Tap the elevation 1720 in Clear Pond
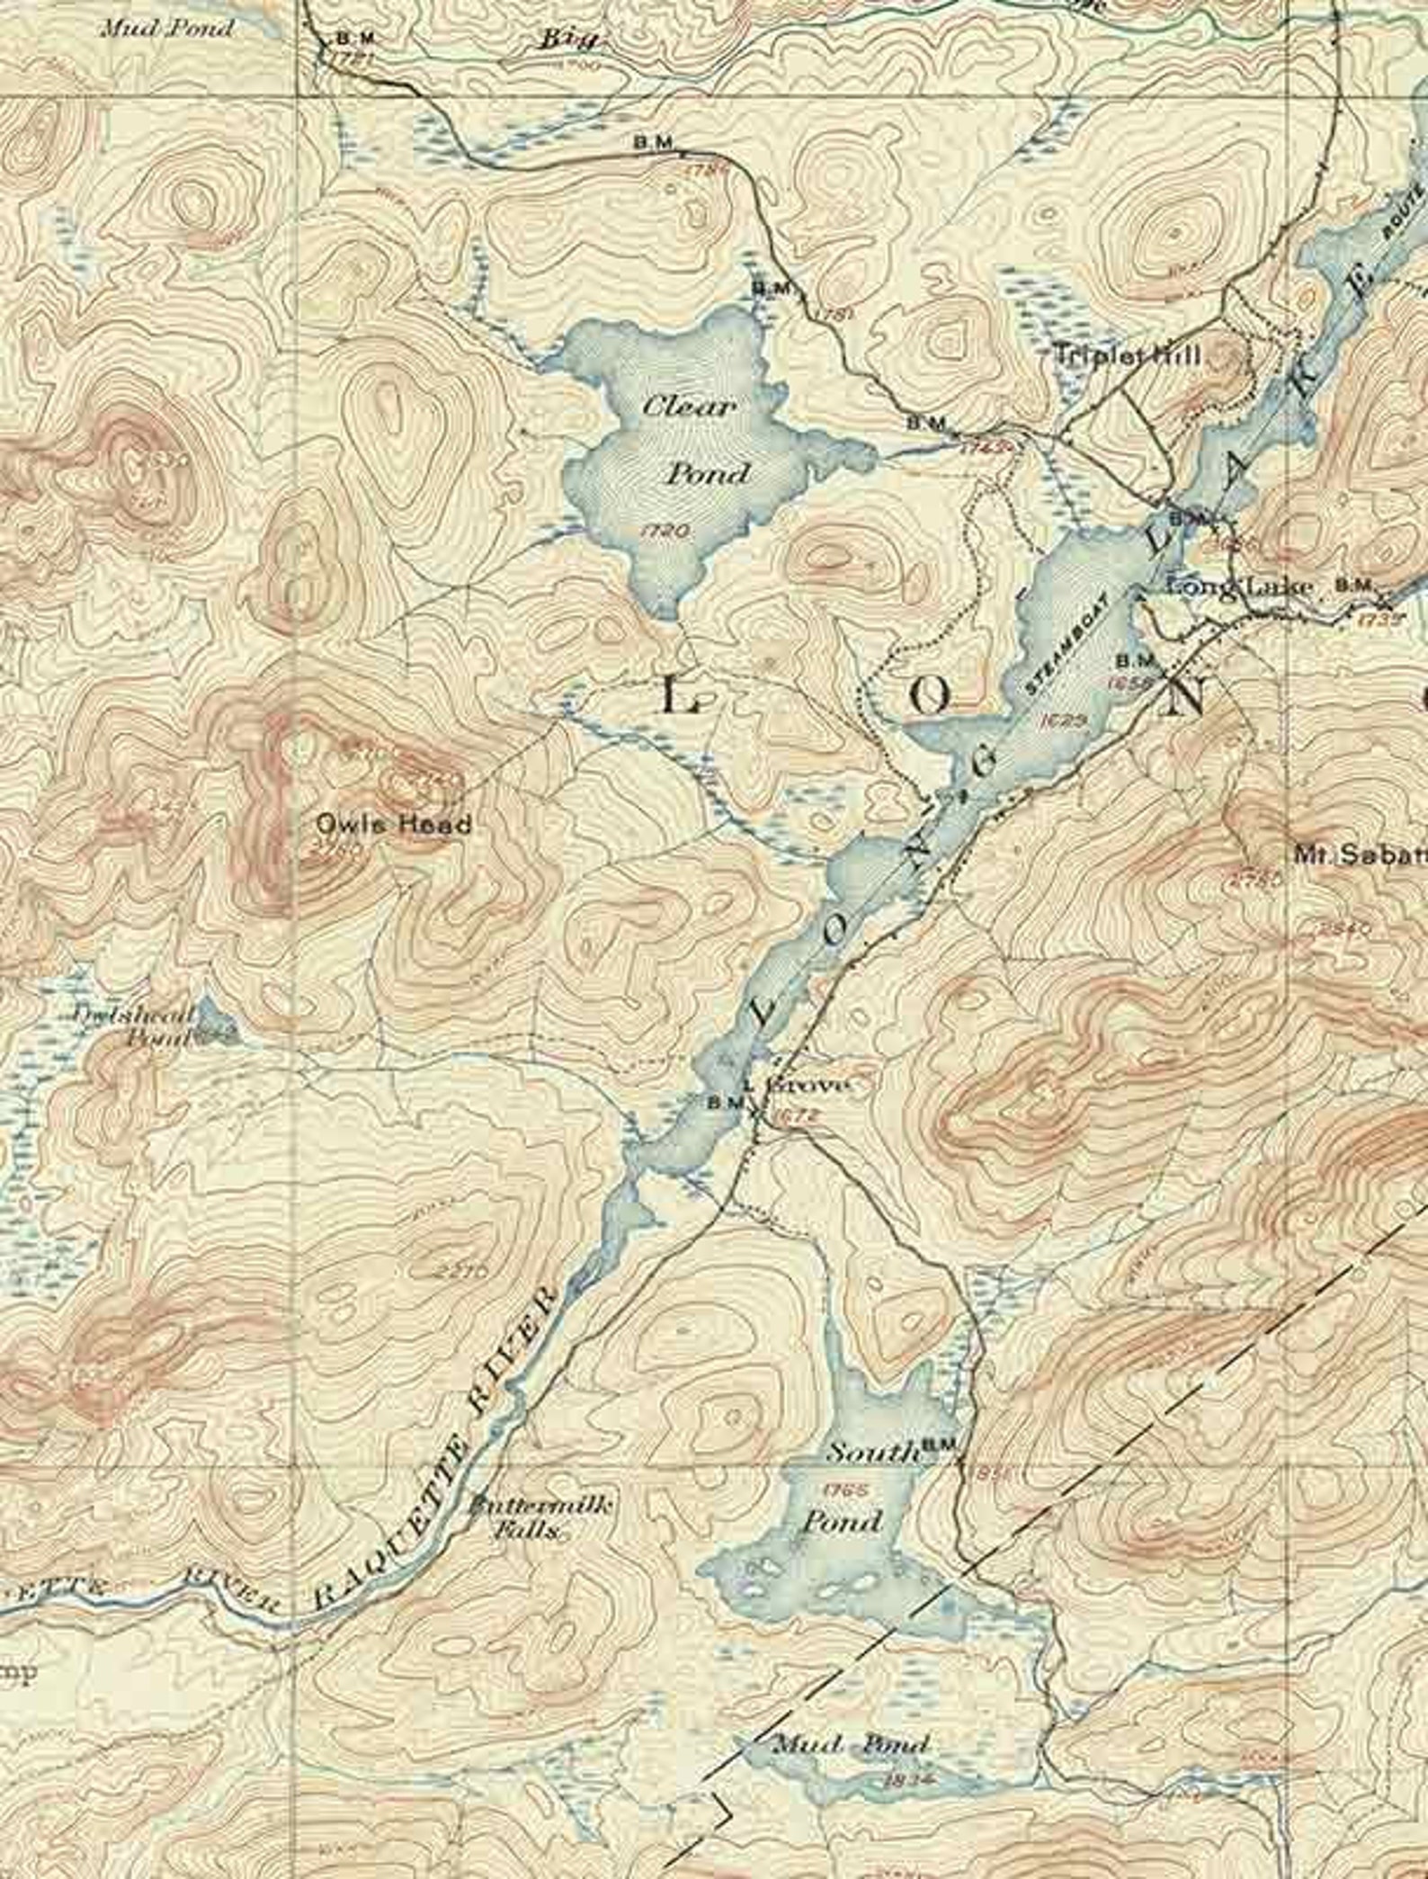(666, 531)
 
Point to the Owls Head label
(393, 824)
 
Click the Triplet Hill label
(1126, 354)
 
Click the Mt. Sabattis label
(1358, 854)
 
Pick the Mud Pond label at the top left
(167, 29)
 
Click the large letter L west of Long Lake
(681, 695)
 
